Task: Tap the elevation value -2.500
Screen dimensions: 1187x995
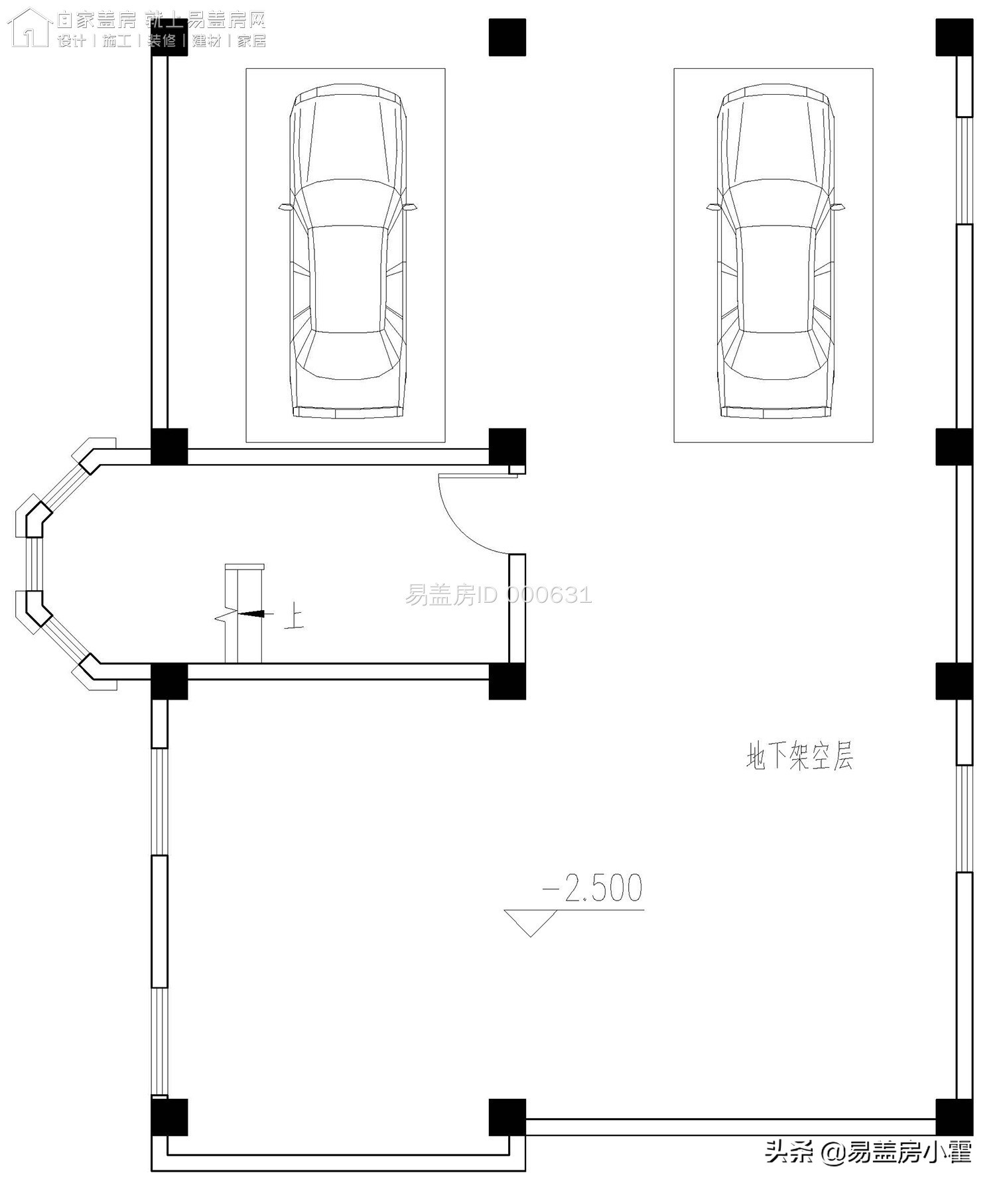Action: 593,889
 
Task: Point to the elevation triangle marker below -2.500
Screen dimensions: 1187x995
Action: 530,921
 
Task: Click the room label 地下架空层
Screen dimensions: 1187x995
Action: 799,755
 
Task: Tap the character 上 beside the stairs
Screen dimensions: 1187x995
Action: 294,618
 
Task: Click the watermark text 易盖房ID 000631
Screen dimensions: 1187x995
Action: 498,595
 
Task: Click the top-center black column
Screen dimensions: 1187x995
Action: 507,37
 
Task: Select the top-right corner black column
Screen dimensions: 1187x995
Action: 954,37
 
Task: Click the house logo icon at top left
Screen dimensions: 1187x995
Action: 30,28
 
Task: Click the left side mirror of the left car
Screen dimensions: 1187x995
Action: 285,208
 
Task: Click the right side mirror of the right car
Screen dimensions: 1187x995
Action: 839,207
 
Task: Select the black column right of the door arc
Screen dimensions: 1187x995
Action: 507,446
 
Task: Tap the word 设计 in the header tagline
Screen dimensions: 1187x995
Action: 72,41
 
